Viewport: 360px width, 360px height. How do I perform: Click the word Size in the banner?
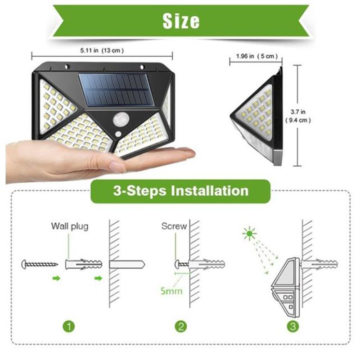click(181, 21)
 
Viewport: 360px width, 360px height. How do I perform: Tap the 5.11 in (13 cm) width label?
click(102, 50)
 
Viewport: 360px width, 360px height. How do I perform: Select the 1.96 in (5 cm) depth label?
click(256, 56)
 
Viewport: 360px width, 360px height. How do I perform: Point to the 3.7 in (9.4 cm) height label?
click(298, 116)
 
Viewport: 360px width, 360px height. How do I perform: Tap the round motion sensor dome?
click(121, 119)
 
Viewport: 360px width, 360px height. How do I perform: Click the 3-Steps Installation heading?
click(181, 191)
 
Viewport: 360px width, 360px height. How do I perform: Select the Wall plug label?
click(70, 226)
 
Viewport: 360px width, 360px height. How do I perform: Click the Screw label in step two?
click(174, 226)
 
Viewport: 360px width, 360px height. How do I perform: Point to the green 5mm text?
click(171, 291)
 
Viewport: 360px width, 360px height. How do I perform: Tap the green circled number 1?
click(69, 326)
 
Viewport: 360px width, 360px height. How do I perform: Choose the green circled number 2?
click(181, 326)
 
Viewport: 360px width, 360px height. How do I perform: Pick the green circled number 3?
click(293, 326)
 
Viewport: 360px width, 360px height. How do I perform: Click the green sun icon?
click(250, 234)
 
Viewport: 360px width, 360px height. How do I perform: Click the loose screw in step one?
click(39, 265)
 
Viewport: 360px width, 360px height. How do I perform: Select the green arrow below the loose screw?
click(56, 279)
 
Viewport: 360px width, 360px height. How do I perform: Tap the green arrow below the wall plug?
click(98, 279)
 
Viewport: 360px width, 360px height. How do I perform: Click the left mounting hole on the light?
click(67, 67)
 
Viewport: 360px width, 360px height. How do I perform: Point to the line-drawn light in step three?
click(286, 287)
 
